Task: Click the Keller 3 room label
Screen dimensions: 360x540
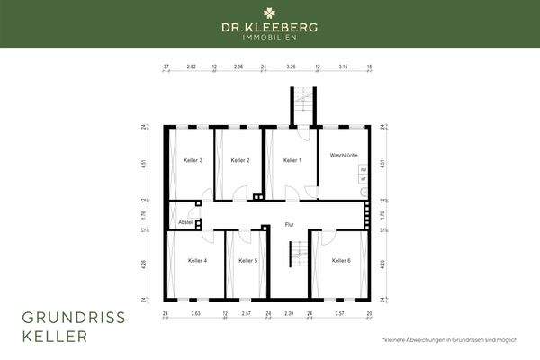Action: click(193, 160)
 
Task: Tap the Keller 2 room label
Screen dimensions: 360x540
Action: click(240, 160)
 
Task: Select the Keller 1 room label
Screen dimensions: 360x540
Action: click(292, 160)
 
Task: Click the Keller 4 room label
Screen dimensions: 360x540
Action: click(198, 261)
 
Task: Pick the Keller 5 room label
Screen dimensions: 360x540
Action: click(248, 261)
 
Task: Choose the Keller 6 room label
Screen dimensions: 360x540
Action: click(340, 261)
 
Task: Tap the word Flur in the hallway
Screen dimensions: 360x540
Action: click(289, 224)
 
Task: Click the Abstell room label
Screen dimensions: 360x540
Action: click(186, 221)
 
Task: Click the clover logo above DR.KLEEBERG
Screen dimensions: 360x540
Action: click(270, 13)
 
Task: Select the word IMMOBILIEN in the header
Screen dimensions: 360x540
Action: click(270, 40)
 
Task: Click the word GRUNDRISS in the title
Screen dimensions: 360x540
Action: click(74, 319)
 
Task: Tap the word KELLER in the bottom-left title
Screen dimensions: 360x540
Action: click(53, 337)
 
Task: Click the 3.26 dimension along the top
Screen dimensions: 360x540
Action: click(291, 67)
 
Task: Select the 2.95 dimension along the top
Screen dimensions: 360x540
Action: click(238, 67)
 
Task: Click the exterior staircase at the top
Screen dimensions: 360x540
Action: click(303, 104)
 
